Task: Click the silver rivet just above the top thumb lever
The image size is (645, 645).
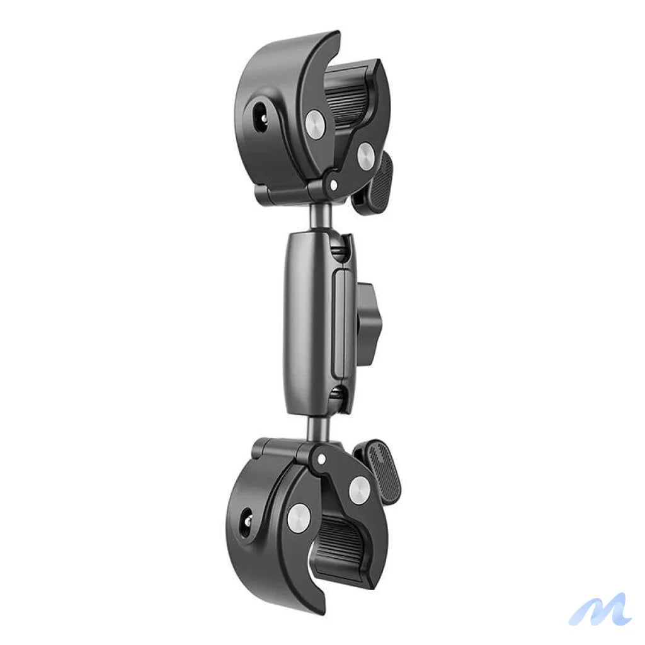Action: coord(365,152)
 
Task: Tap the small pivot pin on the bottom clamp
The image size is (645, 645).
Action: coord(322,458)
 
